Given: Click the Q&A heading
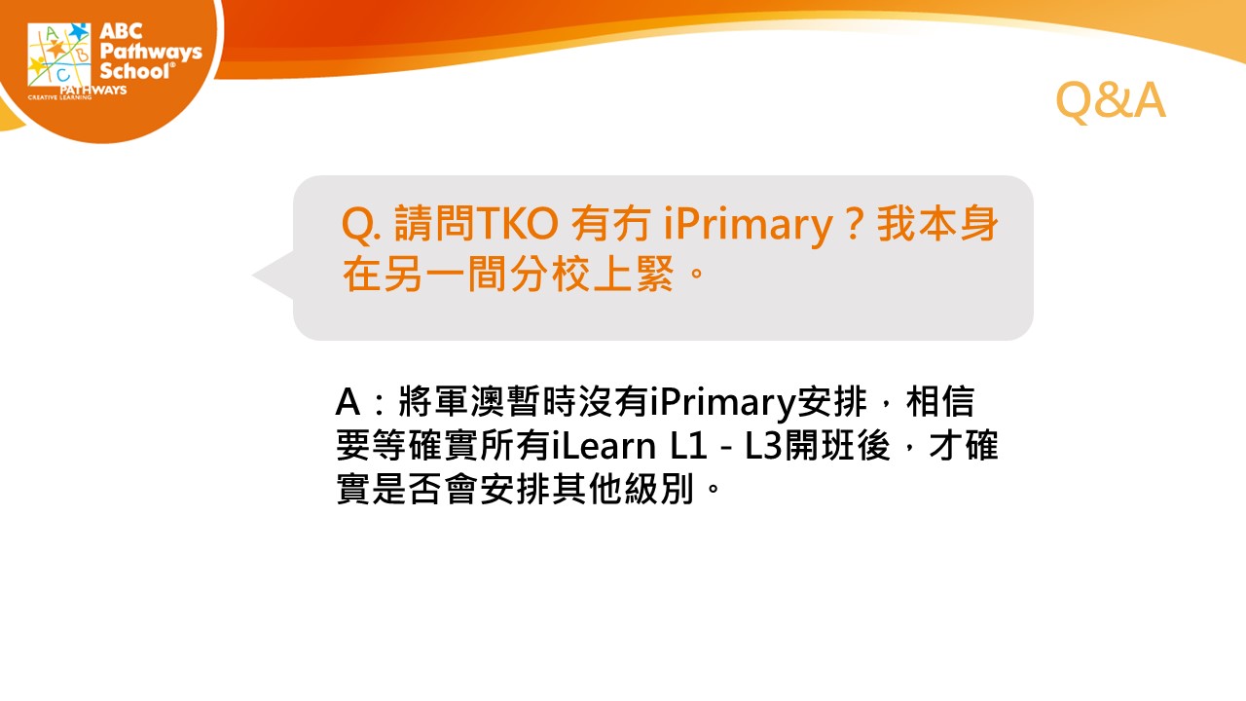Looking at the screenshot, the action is [1111, 100].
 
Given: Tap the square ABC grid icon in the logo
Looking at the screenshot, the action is [59, 55].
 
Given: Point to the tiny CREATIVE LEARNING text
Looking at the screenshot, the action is [60, 97].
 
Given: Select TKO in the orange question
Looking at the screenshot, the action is [517, 224].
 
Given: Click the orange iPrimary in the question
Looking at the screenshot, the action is [749, 225].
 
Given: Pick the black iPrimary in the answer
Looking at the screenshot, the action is [722, 402].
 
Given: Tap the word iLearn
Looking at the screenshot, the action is [605, 446].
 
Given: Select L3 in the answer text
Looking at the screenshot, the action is [764, 446].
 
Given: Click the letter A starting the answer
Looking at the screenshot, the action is [348, 402].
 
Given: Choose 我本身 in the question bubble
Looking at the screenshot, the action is [937, 223].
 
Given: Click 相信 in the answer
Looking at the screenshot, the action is [940, 401].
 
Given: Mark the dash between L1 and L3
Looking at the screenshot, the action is [725, 447].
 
